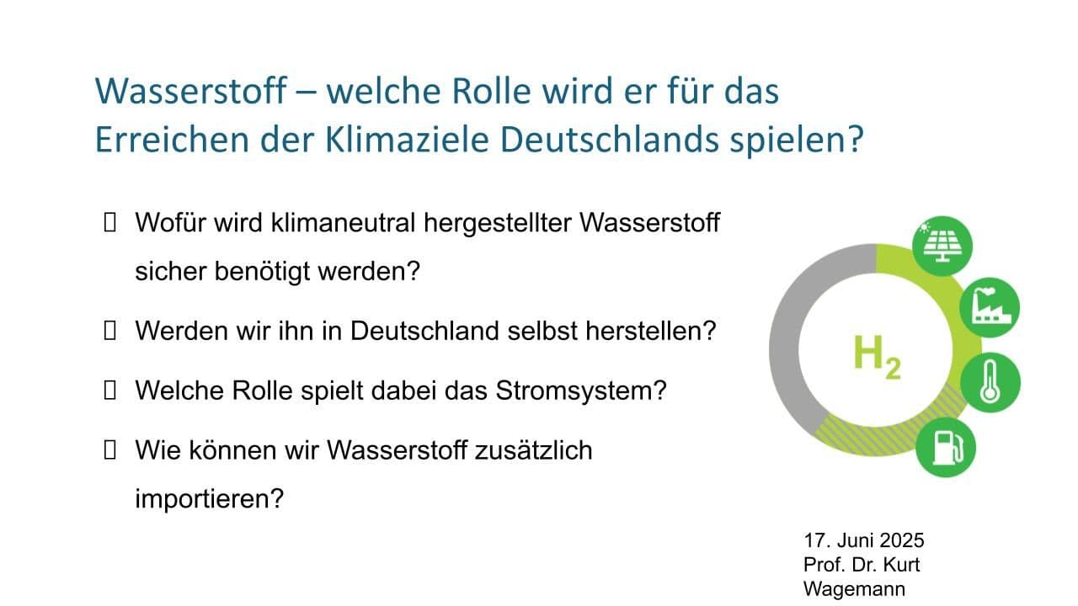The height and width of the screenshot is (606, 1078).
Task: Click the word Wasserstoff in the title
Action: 191,90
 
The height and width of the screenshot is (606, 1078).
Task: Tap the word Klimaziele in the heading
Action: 407,140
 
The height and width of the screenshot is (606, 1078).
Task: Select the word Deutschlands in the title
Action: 609,140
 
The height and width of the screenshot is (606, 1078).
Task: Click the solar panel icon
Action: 942,246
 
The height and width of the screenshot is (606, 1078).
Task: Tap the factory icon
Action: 990,307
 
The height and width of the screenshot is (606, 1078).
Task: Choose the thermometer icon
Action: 990,382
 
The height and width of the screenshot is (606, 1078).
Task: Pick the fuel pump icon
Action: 946,447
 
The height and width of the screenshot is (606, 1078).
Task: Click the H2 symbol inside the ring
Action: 877,357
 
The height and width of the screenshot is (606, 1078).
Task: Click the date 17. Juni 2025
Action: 864,540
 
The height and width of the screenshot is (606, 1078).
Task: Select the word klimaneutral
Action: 343,223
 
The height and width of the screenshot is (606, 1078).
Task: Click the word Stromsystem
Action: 581,391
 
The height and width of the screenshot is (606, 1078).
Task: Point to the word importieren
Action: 209,499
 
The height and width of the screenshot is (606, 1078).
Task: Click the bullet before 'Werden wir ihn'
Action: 109,331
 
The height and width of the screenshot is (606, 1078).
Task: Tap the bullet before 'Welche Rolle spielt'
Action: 109,390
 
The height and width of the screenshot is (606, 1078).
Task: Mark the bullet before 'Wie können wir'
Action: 109,450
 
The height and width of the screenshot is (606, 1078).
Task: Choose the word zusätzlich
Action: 534,450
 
